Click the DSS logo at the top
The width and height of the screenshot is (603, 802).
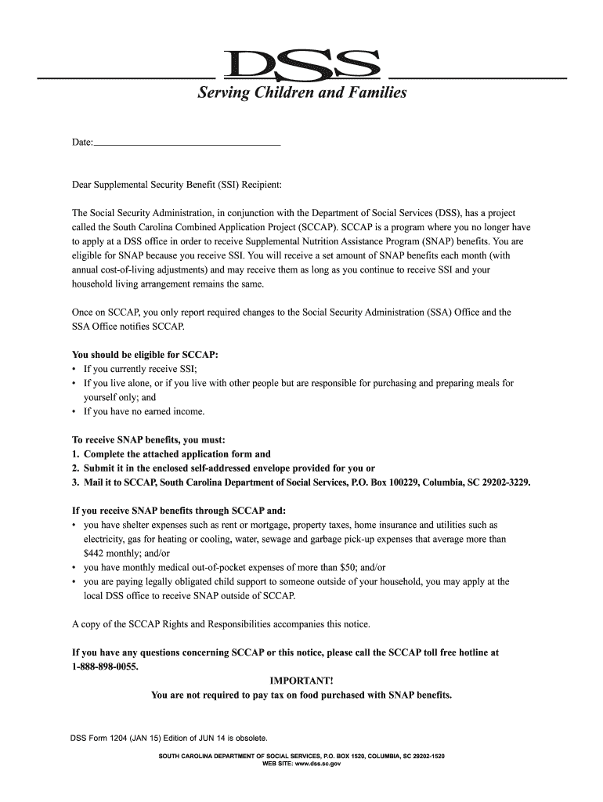[x=301, y=65]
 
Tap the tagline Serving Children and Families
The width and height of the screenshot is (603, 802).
[x=301, y=93]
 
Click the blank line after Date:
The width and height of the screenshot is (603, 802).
[x=187, y=143]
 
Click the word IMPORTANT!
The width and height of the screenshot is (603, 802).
[x=301, y=681]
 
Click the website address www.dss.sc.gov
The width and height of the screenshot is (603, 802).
[x=313, y=764]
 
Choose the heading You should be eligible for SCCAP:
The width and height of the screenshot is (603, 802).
[x=145, y=355]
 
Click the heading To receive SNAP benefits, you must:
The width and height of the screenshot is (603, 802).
[x=149, y=439]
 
